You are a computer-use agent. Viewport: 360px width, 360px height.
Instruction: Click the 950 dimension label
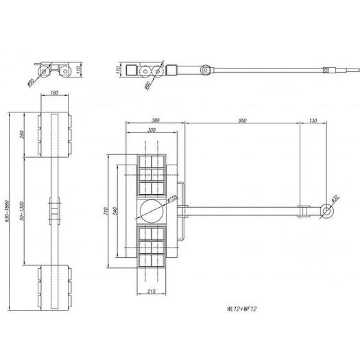pos(241,120)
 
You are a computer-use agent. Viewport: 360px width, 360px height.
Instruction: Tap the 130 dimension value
pos(313,120)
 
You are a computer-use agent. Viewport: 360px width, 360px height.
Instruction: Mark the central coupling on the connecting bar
pos(52,211)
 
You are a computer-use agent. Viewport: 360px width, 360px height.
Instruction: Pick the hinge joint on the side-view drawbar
pos(206,70)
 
